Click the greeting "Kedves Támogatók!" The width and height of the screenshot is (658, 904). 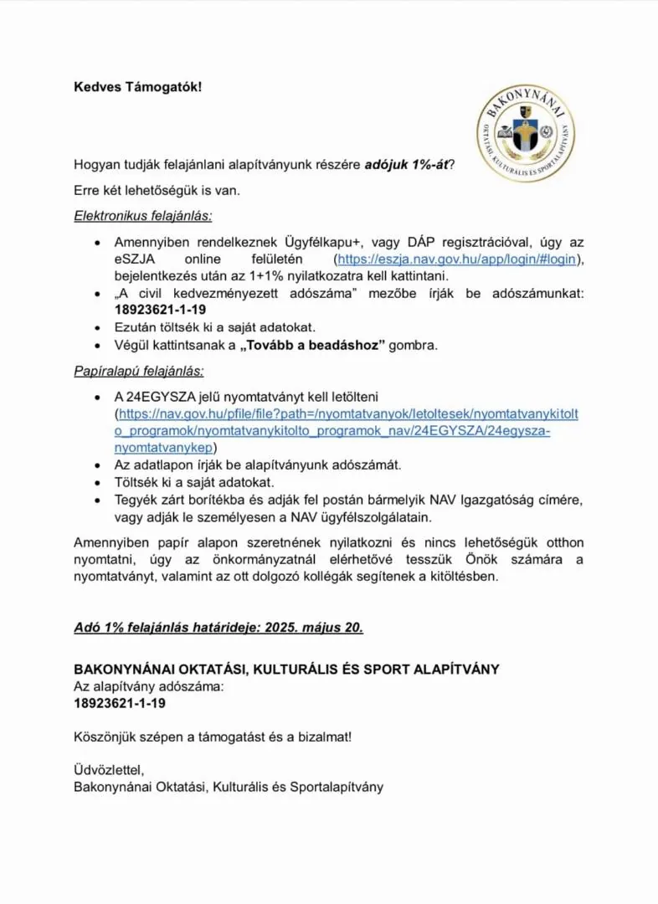(x=138, y=87)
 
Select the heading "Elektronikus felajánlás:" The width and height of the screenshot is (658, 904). (x=142, y=216)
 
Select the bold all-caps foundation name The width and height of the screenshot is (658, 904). (x=286, y=670)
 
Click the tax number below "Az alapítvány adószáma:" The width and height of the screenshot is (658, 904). (x=120, y=703)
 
